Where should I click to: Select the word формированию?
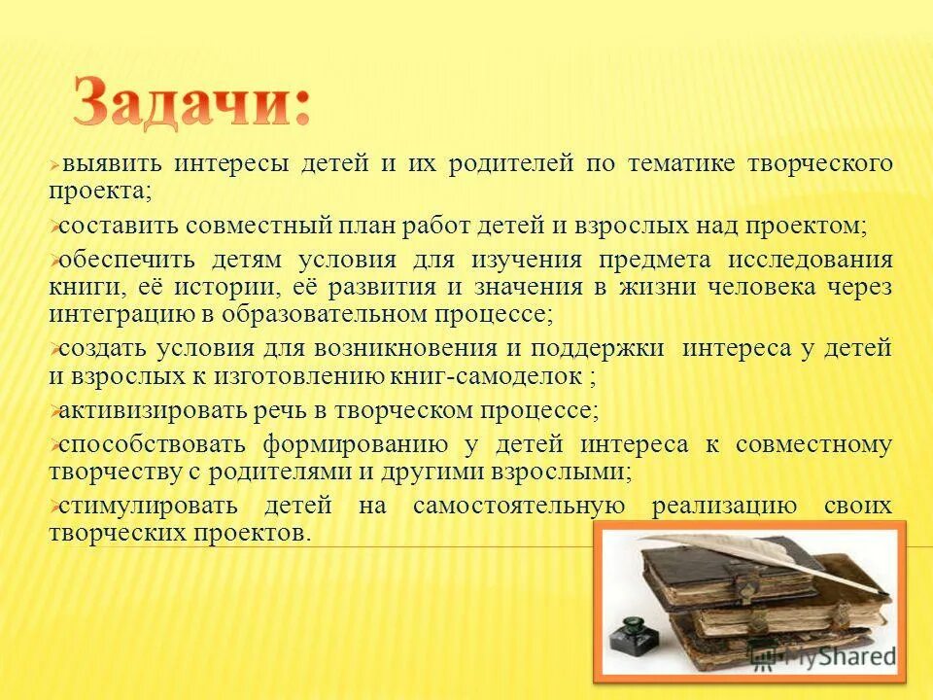click(354, 444)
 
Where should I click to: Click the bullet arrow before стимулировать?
click(53, 507)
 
